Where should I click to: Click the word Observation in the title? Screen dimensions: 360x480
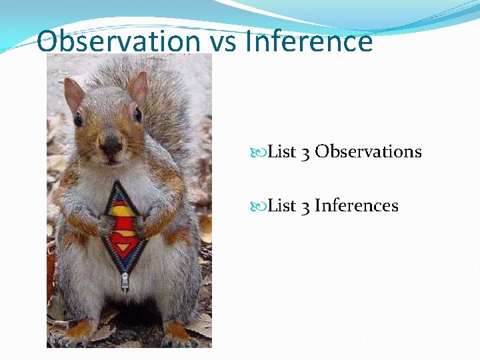click(x=117, y=41)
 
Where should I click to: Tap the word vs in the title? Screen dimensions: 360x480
click(x=223, y=41)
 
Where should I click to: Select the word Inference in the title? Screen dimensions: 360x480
click(x=309, y=41)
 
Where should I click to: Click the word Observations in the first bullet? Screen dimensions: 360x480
click(x=368, y=152)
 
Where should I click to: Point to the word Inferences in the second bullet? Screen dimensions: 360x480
click(x=356, y=206)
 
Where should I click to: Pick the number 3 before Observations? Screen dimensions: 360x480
click(x=305, y=153)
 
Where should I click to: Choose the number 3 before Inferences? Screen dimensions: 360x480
click(x=305, y=207)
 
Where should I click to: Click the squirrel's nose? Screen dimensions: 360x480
click(x=110, y=143)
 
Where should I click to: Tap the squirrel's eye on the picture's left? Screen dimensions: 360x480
click(x=79, y=120)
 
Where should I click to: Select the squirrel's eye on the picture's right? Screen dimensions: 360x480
click(x=137, y=115)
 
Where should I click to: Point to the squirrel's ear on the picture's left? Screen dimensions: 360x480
click(x=73, y=93)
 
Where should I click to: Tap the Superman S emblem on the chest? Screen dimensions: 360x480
click(x=123, y=223)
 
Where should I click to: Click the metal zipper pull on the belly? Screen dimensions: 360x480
click(x=125, y=281)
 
